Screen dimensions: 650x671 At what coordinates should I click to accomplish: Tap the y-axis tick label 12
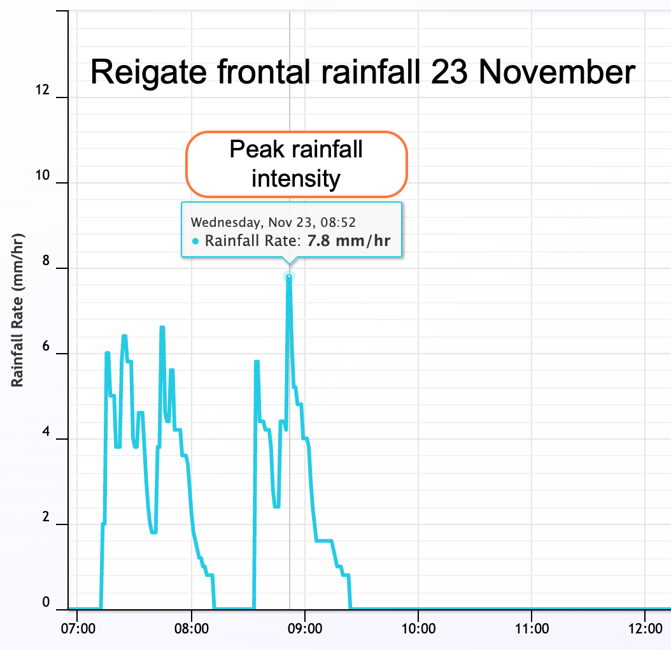(43, 91)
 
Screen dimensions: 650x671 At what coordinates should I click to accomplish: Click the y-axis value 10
(43, 177)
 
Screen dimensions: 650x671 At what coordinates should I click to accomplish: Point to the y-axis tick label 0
(46, 603)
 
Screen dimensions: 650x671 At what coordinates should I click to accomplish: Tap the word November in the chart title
(557, 72)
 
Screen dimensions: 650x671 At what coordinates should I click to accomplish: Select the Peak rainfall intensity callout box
(296, 164)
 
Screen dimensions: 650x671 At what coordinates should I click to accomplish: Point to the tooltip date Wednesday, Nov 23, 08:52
(273, 222)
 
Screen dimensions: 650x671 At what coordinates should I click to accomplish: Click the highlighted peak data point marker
(290, 277)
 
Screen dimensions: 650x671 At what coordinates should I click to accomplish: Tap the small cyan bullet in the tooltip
(195, 242)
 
